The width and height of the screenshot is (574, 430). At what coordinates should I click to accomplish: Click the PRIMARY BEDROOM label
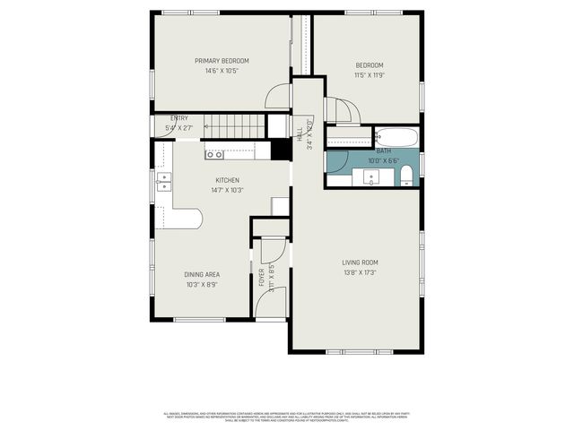(x=222, y=61)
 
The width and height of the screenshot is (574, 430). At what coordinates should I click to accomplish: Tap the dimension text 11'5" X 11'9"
(x=369, y=75)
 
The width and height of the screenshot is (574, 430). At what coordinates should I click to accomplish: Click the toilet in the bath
(x=406, y=173)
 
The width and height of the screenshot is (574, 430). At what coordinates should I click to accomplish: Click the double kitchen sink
(x=163, y=181)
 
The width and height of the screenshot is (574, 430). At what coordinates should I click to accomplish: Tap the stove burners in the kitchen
(x=214, y=154)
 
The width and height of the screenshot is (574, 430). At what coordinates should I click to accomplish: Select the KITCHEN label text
(x=226, y=180)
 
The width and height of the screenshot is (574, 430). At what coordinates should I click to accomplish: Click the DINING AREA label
(x=202, y=275)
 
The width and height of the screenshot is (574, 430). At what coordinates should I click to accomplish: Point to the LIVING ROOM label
(x=360, y=262)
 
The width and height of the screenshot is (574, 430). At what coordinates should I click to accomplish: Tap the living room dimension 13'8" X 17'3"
(x=359, y=273)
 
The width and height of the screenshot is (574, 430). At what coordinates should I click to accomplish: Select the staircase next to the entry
(x=235, y=126)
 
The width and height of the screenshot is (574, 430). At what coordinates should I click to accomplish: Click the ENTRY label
(x=179, y=118)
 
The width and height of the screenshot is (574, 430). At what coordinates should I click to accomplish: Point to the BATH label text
(x=384, y=151)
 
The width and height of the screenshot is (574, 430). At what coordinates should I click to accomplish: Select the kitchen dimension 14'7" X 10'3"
(x=226, y=190)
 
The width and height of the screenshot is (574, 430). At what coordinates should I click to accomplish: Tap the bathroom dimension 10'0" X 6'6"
(x=383, y=161)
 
